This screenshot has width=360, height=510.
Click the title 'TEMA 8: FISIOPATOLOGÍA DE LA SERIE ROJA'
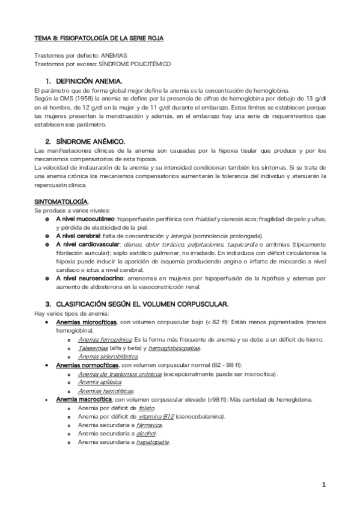99,38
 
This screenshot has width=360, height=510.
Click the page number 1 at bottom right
323,484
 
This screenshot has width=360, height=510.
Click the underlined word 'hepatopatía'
153,441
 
